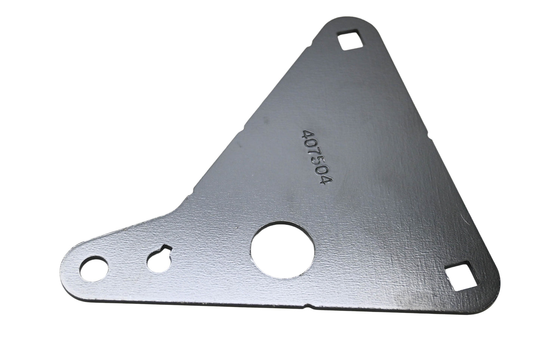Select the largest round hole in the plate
pos(283,250)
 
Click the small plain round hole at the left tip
pos(94,270)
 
